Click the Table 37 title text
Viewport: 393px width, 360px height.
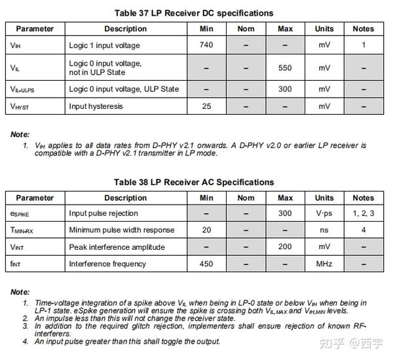tap(194, 12)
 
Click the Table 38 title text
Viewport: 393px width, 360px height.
tap(194, 182)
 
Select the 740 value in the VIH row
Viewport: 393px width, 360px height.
tap(207, 45)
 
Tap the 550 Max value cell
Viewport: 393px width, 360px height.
tap(285, 68)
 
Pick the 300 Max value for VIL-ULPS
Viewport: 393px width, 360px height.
tap(285, 89)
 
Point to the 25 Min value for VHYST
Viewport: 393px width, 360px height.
tap(207, 106)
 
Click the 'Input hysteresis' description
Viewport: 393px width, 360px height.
tap(96, 106)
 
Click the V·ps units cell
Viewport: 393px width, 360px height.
tap(324, 213)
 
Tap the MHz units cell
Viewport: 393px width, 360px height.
tap(324, 264)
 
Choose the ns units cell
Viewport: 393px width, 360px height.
tap(324, 230)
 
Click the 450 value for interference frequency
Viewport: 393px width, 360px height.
tap(207, 264)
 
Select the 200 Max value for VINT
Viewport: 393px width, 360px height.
tap(285, 247)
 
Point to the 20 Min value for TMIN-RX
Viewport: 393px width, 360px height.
tap(207, 230)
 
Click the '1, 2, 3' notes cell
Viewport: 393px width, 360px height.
tap(363, 213)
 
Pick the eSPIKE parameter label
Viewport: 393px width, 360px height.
tap(20, 214)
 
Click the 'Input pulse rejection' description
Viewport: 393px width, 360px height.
tap(103, 213)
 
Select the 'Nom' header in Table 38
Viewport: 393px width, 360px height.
tap(246, 197)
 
